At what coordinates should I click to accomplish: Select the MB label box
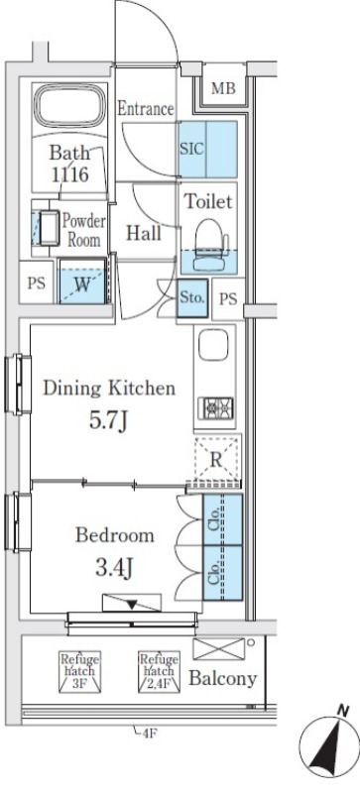223,88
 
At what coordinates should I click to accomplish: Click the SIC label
191,150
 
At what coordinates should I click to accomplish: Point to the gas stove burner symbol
216,407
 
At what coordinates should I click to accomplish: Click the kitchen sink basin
213,345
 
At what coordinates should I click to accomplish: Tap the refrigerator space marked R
216,460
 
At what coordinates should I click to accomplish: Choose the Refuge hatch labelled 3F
79,671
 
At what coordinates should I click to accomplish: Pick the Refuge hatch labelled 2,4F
159,671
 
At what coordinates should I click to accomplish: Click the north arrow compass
329,749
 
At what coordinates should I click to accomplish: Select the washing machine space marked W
82,282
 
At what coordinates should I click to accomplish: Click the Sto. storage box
192,298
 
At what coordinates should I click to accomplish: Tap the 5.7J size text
108,420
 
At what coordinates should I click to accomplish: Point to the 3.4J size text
114,567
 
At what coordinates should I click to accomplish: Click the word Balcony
223,678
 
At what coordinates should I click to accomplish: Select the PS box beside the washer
37,283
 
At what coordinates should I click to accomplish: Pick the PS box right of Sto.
228,299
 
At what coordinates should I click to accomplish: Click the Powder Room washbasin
49,228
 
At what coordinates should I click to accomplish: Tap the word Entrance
146,109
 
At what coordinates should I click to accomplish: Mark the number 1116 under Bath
69,174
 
